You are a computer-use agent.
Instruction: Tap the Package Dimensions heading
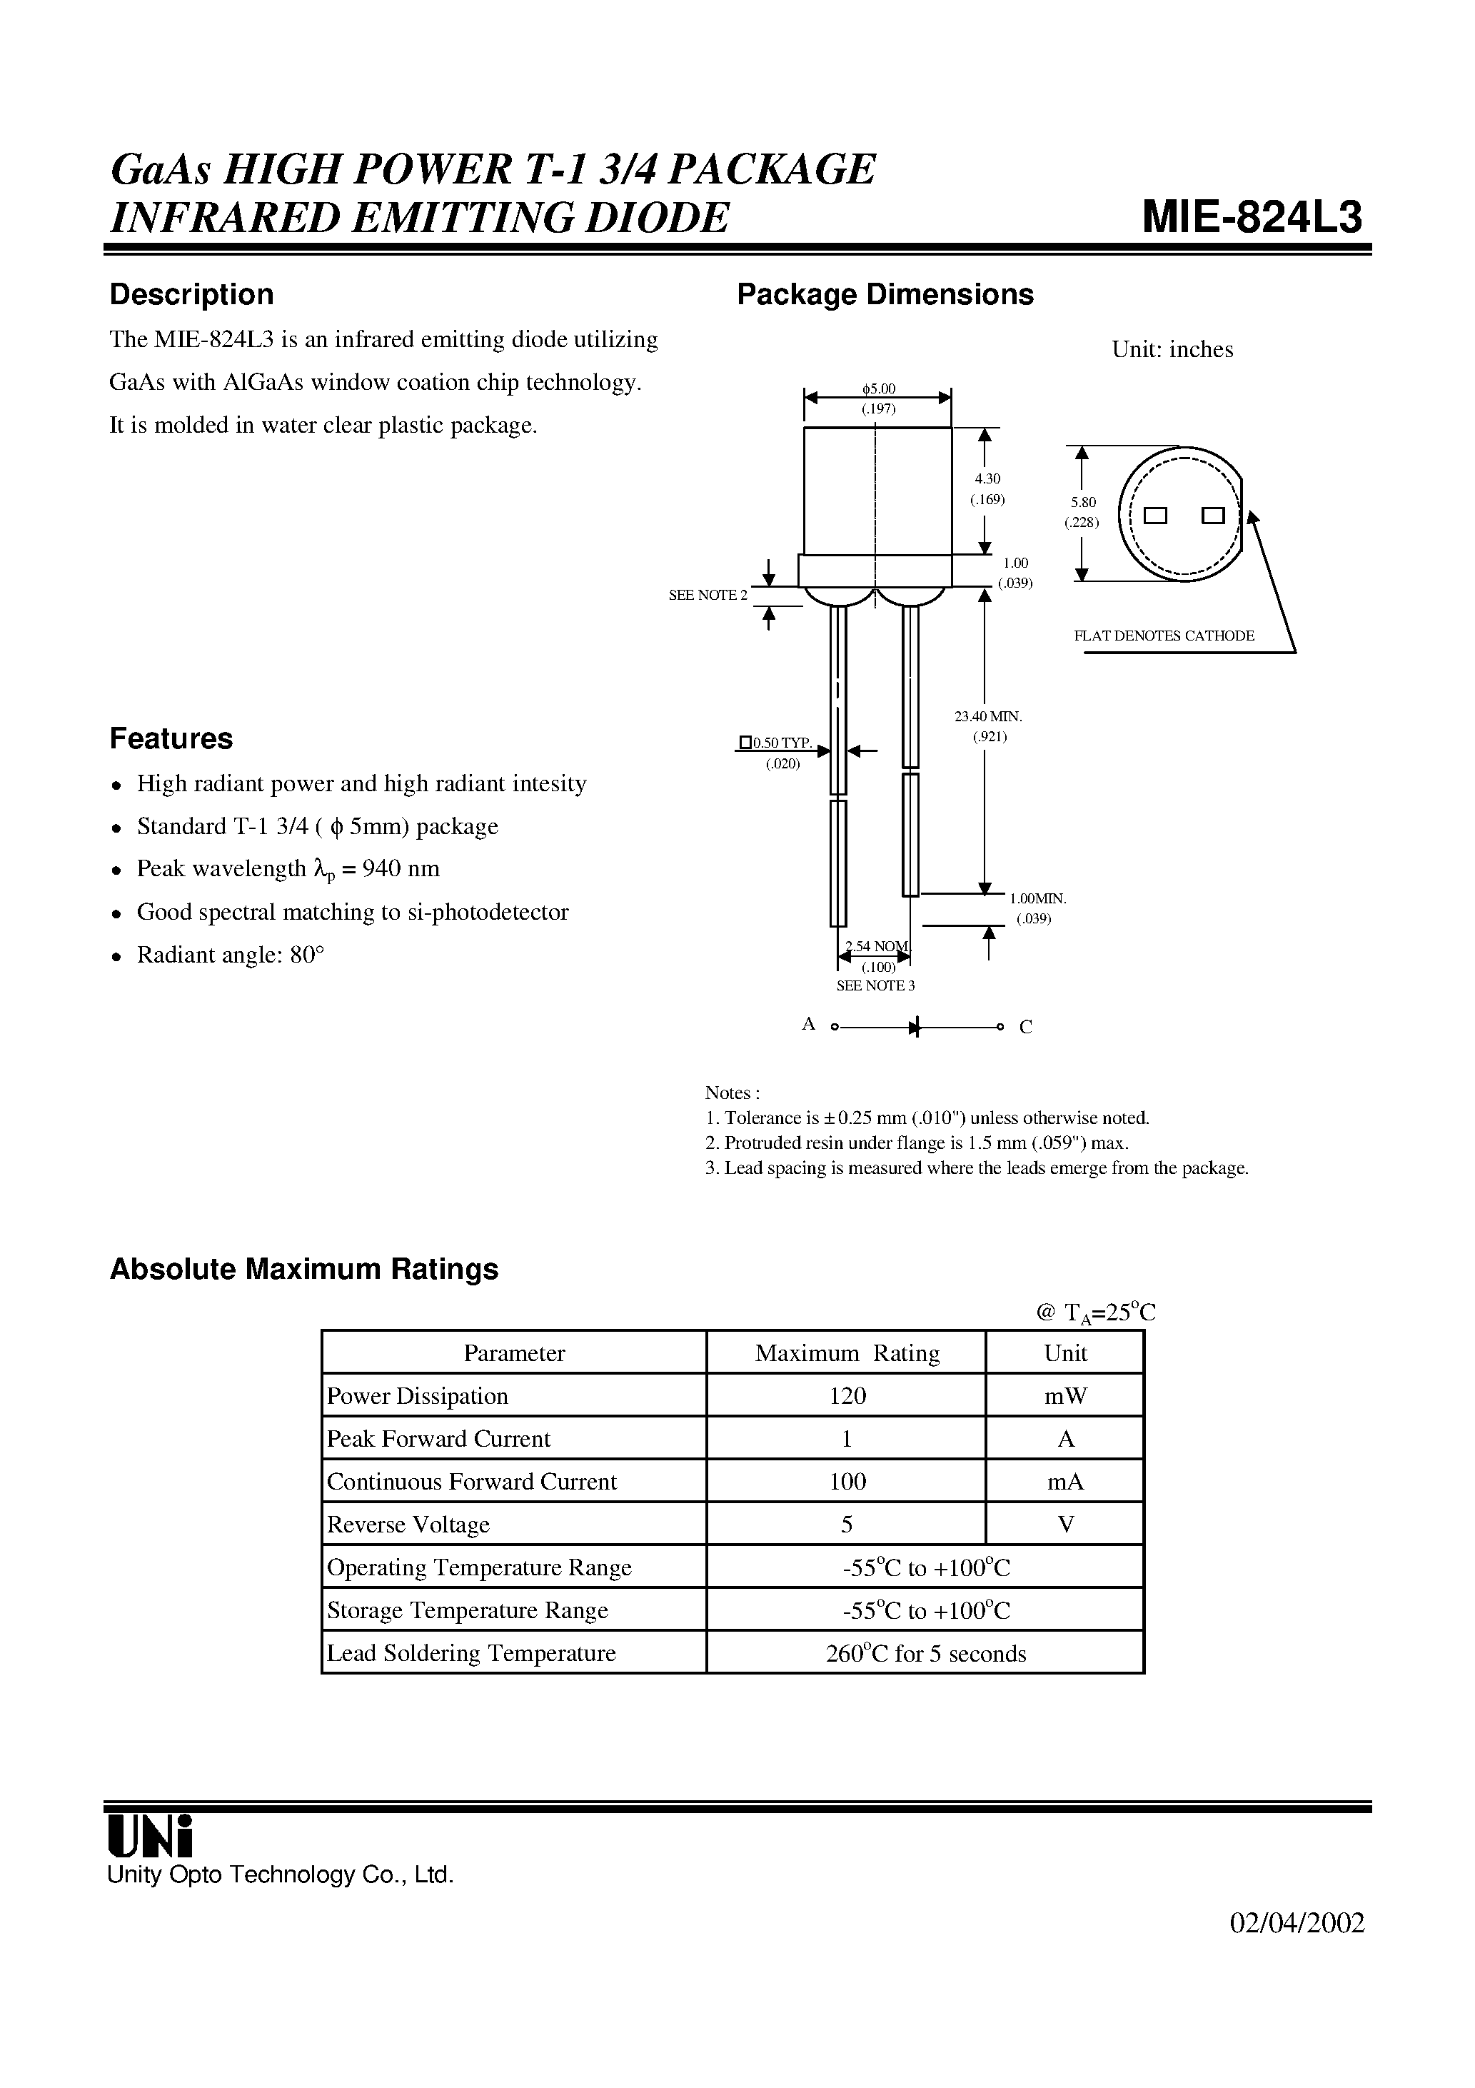[885, 295]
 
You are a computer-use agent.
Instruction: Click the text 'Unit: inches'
[1172, 350]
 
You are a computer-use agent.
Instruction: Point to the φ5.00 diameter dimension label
[878, 389]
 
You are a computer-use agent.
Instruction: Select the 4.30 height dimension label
[987, 478]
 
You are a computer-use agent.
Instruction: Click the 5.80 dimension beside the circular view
[1082, 502]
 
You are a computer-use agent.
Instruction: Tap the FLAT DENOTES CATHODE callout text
[1163, 636]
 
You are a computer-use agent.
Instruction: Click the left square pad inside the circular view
[1155, 516]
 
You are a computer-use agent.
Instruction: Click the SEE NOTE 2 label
[708, 595]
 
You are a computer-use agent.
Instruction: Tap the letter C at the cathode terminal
[1025, 1028]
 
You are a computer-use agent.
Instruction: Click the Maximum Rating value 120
[847, 1396]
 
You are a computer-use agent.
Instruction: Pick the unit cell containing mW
[1065, 1396]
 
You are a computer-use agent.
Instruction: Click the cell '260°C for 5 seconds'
[925, 1653]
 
